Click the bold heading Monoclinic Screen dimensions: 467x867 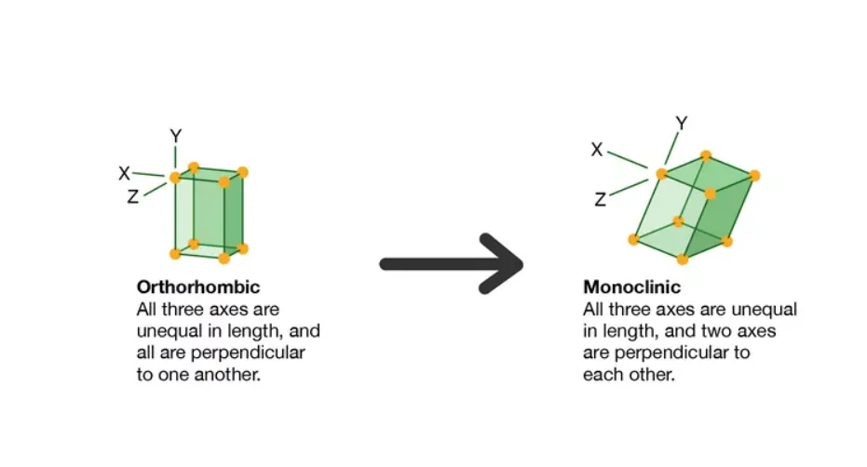click(x=631, y=287)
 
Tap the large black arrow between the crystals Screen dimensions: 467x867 click(x=453, y=264)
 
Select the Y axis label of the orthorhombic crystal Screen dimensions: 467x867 click(x=175, y=137)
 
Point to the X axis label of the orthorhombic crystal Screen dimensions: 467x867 click(x=124, y=172)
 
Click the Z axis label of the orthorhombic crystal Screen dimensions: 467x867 click(x=134, y=196)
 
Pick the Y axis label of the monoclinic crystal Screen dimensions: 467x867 click(x=681, y=123)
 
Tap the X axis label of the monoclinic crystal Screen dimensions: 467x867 click(x=597, y=149)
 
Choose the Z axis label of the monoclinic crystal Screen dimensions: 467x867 click(x=601, y=198)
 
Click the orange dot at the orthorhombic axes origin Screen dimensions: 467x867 click(x=174, y=178)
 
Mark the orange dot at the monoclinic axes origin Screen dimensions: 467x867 click(x=661, y=174)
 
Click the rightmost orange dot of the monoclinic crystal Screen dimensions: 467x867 click(x=754, y=175)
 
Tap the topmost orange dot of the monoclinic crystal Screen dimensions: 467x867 click(x=706, y=155)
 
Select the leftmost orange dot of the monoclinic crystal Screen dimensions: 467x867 click(x=633, y=239)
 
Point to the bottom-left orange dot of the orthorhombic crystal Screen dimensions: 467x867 click(x=174, y=253)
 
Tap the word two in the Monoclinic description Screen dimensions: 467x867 click(x=710, y=331)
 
